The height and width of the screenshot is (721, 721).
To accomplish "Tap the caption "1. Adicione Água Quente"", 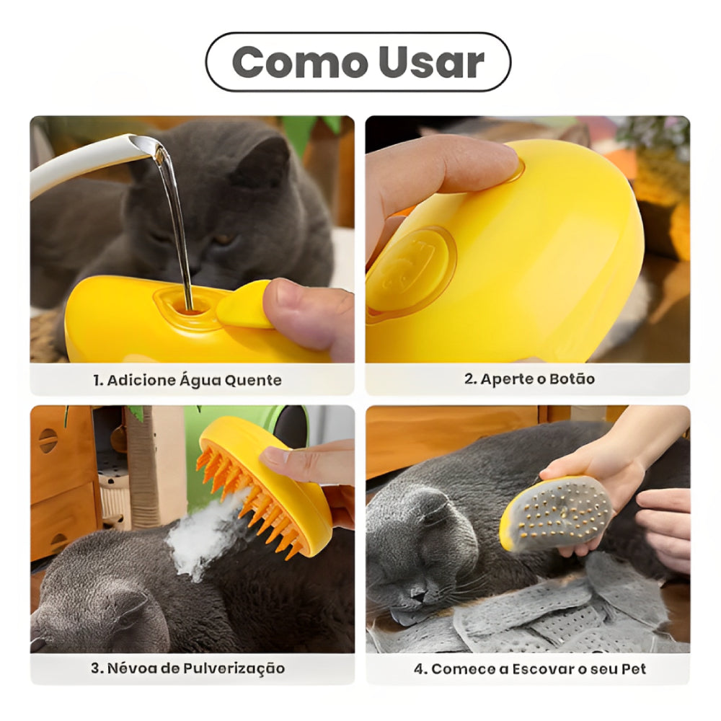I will click(x=187, y=380).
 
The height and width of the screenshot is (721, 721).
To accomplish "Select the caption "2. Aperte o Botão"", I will click(x=529, y=379).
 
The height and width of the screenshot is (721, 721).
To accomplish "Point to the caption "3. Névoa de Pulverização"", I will click(x=187, y=668).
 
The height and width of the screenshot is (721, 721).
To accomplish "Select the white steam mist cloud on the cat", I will click(x=205, y=534).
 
